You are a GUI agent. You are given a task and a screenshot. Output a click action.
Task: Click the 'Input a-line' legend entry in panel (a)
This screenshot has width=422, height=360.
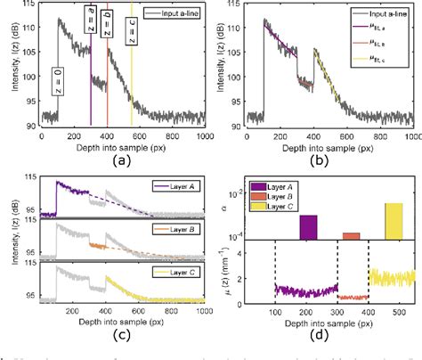171,14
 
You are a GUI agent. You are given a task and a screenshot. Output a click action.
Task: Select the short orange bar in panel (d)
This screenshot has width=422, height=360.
351,236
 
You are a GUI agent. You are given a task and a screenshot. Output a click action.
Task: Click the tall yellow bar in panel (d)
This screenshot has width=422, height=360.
393,221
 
